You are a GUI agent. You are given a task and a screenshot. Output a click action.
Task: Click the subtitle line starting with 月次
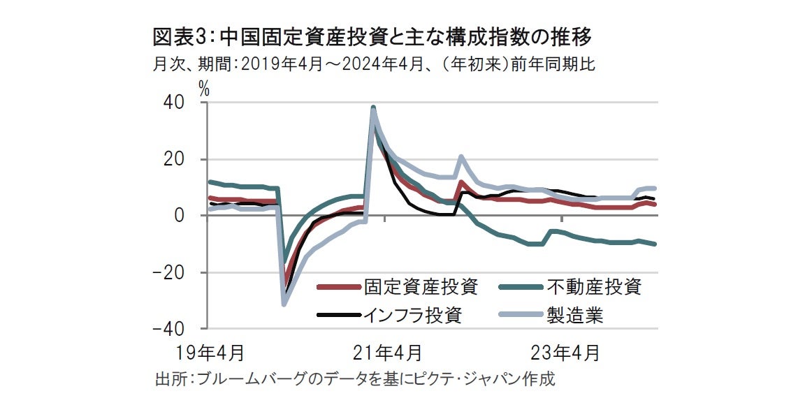click(373, 65)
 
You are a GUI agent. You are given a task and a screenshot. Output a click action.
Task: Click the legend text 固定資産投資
click(420, 286)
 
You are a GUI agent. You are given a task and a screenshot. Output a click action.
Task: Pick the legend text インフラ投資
click(412, 315)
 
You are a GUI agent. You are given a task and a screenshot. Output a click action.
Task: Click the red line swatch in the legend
click(338, 287)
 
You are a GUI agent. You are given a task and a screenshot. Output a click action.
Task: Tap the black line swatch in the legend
click(338, 316)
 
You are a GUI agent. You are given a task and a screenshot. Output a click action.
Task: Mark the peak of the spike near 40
click(373, 108)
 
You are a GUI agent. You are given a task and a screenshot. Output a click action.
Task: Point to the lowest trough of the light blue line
click(284, 304)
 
